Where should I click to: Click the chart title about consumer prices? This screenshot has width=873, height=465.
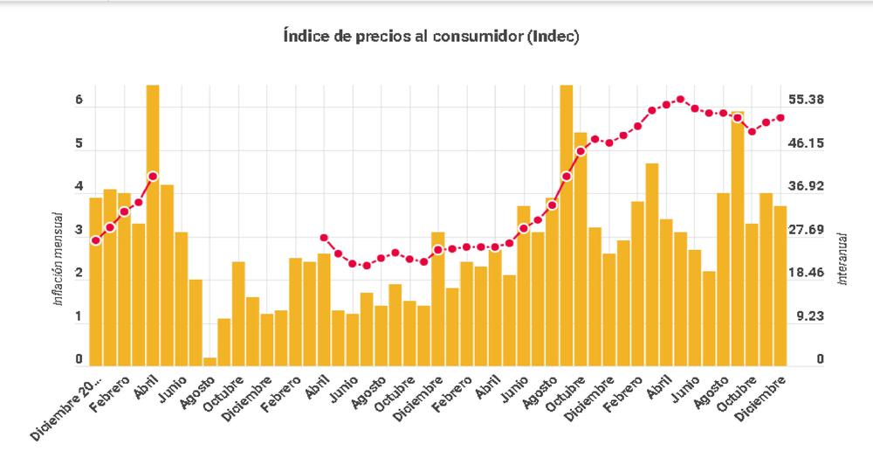click(x=431, y=38)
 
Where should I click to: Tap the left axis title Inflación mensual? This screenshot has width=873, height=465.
click(x=58, y=258)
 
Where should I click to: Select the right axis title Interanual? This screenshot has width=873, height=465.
click(x=843, y=258)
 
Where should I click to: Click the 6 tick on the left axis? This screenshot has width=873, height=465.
click(x=79, y=101)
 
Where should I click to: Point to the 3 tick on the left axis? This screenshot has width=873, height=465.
click(x=79, y=232)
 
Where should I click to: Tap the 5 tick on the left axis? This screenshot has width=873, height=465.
click(x=79, y=144)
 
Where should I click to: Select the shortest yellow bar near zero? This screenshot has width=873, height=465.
click(x=210, y=360)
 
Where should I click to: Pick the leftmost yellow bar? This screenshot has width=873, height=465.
click(x=96, y=280)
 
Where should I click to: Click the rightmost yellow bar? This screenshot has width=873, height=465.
click(x=780, y=284)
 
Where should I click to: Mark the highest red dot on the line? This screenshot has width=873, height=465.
click(x=681, y=100)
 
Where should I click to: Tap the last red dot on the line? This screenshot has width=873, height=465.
click(x=780, y=118)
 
